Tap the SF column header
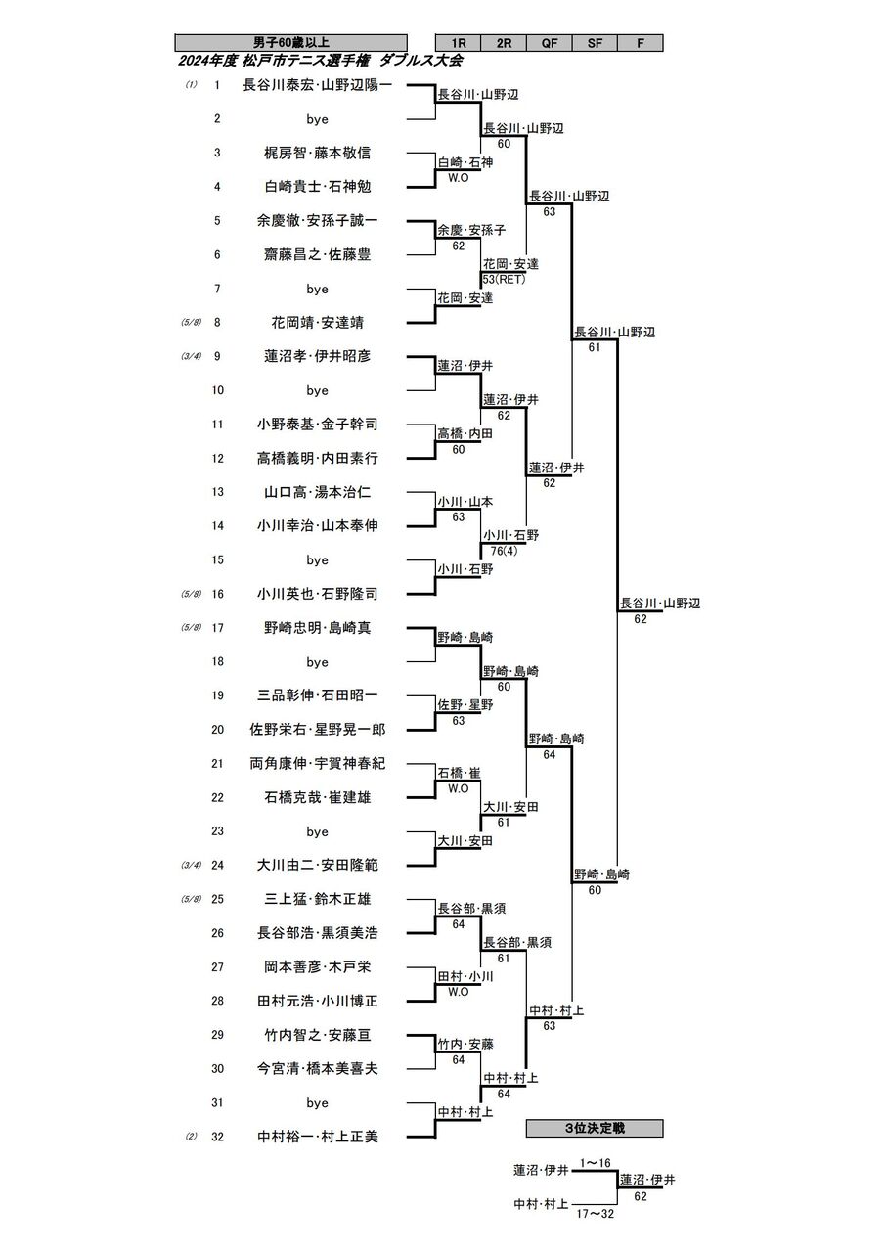coord(595,43)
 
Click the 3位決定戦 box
coord(595,1128)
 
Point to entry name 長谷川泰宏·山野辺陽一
coord(318,85)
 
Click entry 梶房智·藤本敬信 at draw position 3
coord(318,153)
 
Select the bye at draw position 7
coord(318,289)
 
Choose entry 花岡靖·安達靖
coord(318,322)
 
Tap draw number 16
coord(217,594)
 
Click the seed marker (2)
coord(192,1137)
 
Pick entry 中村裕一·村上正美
coord(318,1137)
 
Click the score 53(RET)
coord(504,279)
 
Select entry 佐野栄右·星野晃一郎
coord(318,729)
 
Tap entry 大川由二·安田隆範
coord(318,865)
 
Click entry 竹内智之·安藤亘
coord(318,1035)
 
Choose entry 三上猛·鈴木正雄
coord(318,899)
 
